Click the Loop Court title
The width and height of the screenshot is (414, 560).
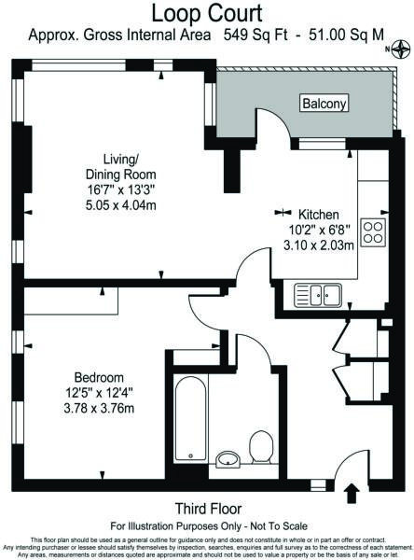[207, 13]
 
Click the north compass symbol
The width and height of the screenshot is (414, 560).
[402, 52]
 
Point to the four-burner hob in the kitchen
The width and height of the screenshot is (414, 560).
[374, 233]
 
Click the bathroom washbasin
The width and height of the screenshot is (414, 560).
[227, 459]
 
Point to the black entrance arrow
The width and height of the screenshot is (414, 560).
[352, 491]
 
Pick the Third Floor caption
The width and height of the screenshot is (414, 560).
[207, 509]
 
